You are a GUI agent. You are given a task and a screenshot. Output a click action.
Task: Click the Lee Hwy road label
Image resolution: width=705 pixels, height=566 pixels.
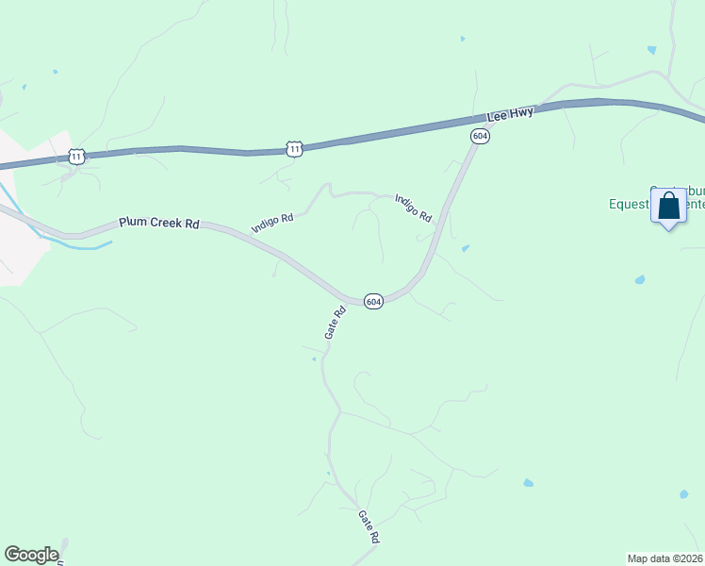pyautogui.click(x=511, y=115)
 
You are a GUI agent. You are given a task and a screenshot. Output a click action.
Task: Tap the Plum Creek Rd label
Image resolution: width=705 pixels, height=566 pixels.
pyautogui.click(x=159, y=224)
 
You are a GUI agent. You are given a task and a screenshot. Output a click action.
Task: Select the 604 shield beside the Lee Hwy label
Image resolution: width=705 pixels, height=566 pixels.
pyautogui.click(x=481, y=137)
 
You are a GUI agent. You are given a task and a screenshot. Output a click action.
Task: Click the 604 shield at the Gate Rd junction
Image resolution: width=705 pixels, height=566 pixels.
pyautogui.click(x=373, y=302)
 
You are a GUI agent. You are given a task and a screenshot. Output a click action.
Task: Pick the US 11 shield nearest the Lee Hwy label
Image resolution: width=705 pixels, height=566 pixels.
pyautogui.click(x=295, y=149)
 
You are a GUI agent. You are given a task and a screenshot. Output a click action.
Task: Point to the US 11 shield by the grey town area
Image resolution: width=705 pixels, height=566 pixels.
pyautogui.click(x=77, y=157)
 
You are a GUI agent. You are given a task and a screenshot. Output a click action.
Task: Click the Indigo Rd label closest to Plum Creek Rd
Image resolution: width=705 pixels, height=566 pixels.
pyautogui.click(x=272, y=224)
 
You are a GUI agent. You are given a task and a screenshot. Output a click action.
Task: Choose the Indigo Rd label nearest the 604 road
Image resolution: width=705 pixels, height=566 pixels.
pyautogui.click(x=413, y=208)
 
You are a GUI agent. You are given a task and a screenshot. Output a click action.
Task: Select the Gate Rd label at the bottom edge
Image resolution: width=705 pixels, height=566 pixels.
pyautogui.click(x=369, y=525)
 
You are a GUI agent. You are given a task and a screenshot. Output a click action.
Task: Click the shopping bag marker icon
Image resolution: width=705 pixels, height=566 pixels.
pyautogui.click(x=668, y=207)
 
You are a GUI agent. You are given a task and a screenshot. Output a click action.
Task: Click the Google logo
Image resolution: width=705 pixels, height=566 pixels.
pyautogui.click(x=31, y=555)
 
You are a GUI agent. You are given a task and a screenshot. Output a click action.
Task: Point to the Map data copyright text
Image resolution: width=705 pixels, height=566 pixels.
pyautogui.click(x=665, y=558)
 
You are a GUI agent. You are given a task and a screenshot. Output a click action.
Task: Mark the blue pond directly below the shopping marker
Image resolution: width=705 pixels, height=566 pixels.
pyautogui.click(x=641, y=280)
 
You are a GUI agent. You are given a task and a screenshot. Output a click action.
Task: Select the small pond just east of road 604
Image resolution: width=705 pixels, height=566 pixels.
pyautogui.click(x=466, y=249)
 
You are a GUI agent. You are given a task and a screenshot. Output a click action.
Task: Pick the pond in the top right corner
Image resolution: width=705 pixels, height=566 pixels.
pyautogui.click(x=651, y=49)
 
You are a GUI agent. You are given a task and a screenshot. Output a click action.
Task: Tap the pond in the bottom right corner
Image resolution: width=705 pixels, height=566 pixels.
pyautogui.click(x=682, y=493)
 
